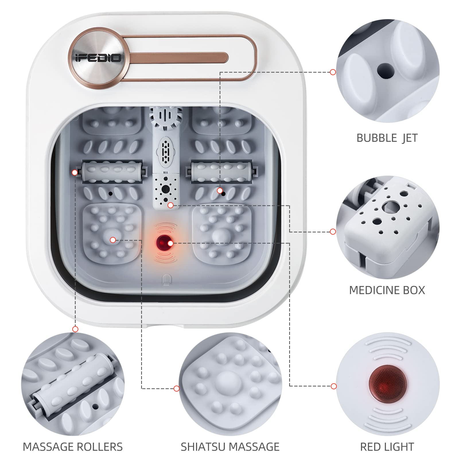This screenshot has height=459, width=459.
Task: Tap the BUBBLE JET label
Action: (x=387, y=138)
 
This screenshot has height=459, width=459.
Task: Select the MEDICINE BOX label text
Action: (x=387, y=290)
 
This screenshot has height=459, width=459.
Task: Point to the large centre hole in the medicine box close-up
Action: (x=390, y=206)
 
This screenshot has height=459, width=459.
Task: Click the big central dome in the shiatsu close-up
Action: (x=229, y=383)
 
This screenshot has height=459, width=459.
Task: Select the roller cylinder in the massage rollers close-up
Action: (x=72, y=382)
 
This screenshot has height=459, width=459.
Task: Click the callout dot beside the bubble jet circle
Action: (x=333, y=72)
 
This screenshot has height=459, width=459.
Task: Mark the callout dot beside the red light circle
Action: (x=333, y=386)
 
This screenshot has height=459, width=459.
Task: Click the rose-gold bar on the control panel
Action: (x=175, y=57)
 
